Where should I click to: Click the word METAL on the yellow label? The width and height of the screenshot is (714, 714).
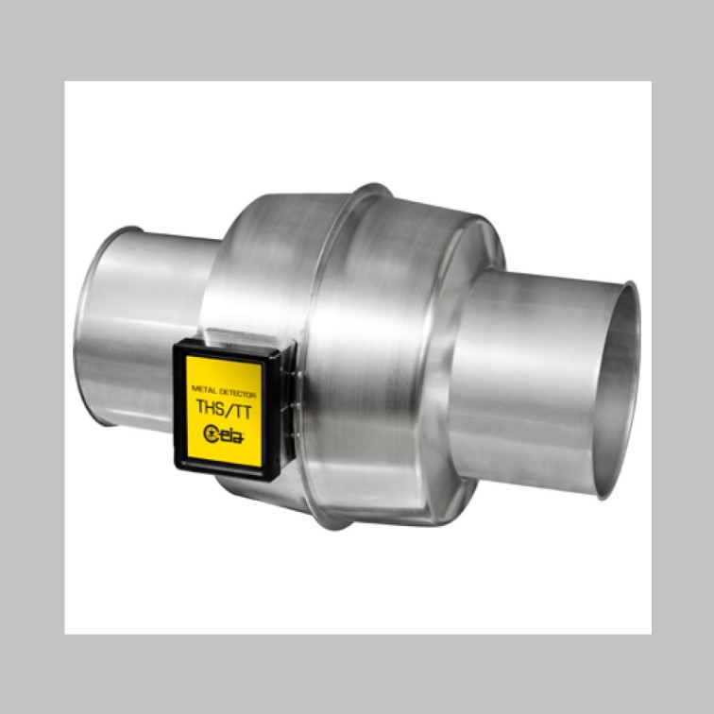tap(204, 390)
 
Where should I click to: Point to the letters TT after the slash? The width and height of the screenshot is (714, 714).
tap(242, 411)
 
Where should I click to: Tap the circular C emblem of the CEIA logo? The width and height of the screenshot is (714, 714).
tap(211, 433)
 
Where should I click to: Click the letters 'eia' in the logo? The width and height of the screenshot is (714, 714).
tap(232, 435)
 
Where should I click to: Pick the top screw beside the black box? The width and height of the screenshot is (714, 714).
tap(299, 375)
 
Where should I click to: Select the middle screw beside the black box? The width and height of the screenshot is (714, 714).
tap(297, 404)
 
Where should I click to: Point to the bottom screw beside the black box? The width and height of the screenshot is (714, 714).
tap(297, 435)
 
